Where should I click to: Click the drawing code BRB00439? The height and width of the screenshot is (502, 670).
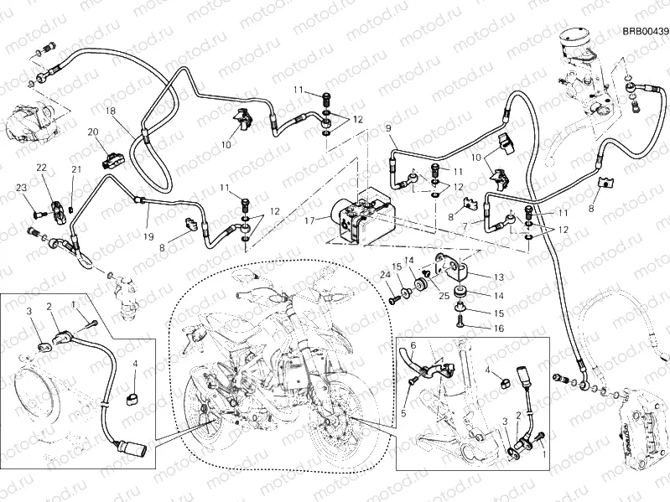coord(645,32)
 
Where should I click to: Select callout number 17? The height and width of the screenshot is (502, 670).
coord(310,221)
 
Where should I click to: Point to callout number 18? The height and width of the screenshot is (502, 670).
coord(110,111)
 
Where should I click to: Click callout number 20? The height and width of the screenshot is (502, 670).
coord(93,132)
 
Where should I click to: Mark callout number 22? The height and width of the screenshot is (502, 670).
coord(41,168)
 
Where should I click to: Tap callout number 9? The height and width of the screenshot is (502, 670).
coord(388,127)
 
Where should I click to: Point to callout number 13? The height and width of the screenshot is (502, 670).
coord(497,277)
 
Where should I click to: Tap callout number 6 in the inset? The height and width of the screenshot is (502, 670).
coord(411,345)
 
